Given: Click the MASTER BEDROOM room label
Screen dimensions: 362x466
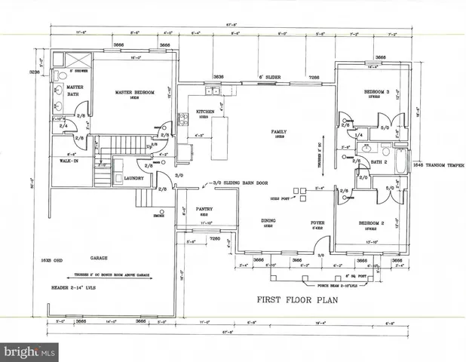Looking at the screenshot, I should pos(135,93).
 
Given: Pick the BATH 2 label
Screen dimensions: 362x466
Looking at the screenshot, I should pos(379,161).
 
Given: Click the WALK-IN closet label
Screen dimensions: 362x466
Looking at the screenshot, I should pos(60,161).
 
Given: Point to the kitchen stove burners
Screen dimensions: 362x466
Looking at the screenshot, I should pos(182,118).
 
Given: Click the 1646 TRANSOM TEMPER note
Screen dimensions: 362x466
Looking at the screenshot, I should pos(435,165).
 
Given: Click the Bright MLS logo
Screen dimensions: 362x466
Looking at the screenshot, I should pos(29,352).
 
